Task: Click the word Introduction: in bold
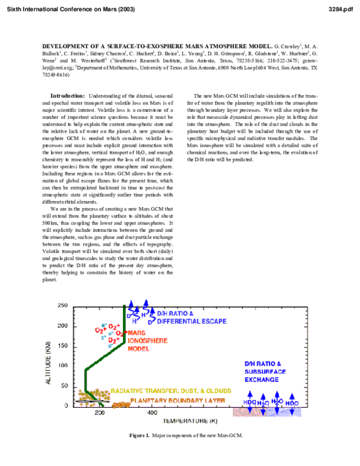(67, 96)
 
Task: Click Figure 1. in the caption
(140, 435)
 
